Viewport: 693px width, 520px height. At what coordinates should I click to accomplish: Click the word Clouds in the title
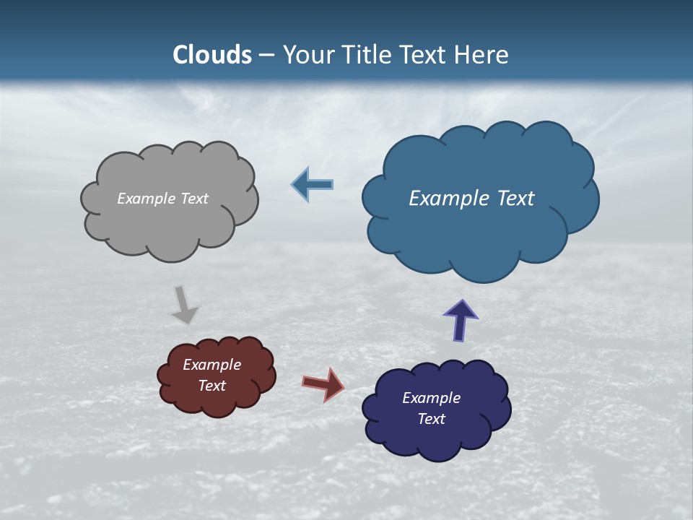coord(212,55)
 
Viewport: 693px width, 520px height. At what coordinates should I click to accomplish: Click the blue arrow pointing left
coord(313,185)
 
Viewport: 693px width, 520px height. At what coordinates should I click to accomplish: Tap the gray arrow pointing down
coord(185,305)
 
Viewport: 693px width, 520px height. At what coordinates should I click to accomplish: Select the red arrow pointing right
coord(323,383)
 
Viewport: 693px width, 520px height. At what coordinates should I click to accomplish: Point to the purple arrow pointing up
coord(460,320)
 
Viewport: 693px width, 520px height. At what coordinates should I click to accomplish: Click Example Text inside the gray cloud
coord(162,199)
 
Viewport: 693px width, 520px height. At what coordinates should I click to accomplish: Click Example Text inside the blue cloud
coord(471,199)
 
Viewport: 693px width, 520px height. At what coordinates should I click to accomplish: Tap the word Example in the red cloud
coord(212,365)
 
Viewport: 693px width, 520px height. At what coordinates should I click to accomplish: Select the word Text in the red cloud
coord(212,386)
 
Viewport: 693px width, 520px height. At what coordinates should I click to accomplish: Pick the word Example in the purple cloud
coord(431,398)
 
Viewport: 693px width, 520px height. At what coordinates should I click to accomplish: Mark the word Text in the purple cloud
coord(431,419)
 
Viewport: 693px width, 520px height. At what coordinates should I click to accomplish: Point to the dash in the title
coord(266,56)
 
